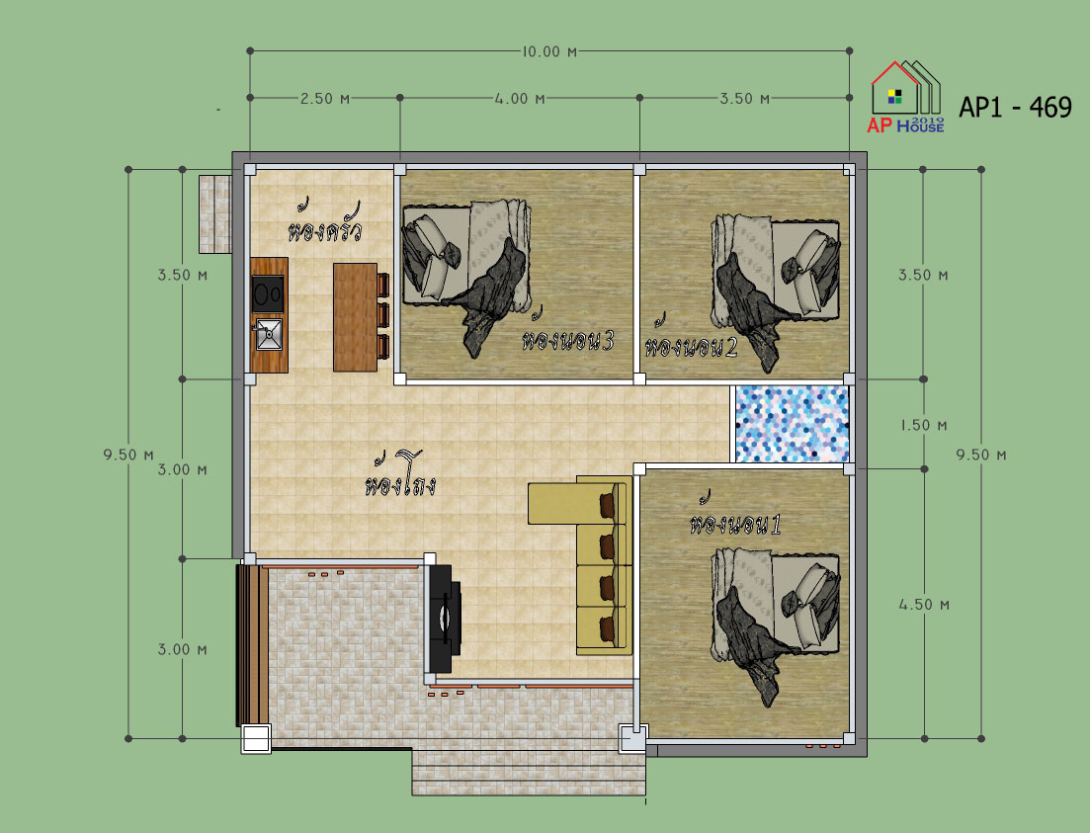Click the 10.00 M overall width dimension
549,51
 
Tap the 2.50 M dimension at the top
325,99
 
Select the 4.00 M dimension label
520,99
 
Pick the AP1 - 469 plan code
1015,108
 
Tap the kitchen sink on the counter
269,334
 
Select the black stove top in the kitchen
268,293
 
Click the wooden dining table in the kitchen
355,317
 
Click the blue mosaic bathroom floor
792,424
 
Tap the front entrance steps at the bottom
529,772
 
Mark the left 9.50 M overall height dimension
128,455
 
